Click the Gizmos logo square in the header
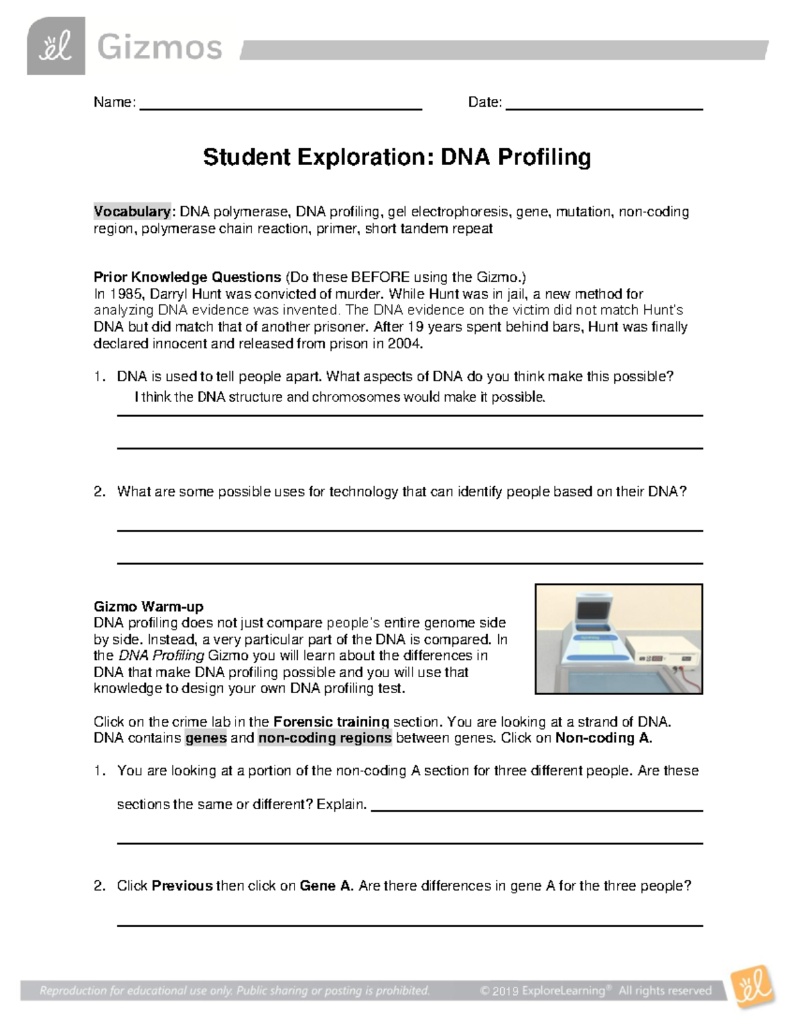[56, 46]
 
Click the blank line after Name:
[280, 106]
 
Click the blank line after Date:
[604, 106]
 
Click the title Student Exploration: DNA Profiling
[397, 157]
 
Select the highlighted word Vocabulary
[132, 212]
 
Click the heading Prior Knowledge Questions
[188, 277]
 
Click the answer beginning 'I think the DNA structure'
[340, 397]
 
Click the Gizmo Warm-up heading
[148, 606]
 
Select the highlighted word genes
[206, 738]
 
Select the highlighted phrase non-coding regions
[325, 738]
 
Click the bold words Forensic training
[331, 722]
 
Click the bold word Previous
[182, 886]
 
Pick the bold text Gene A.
[326, 886]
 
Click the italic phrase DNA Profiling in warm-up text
[161, 655]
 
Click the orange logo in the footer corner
[752, 987]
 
